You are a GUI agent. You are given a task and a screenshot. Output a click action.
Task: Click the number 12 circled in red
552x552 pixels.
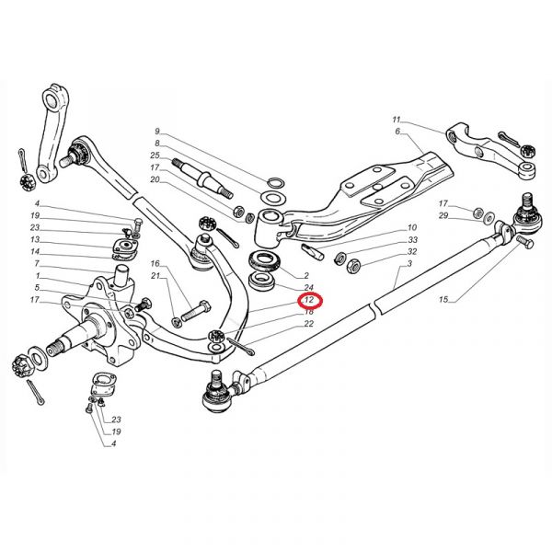309,300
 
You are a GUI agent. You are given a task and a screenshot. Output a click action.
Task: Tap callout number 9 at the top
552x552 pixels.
157,132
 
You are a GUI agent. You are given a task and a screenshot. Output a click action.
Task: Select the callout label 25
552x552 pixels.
155,155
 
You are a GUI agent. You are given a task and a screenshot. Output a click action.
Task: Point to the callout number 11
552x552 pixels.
397,121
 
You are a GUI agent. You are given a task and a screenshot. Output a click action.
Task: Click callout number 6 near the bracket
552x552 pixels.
398,132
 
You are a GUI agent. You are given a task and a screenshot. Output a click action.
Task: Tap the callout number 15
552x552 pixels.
443,300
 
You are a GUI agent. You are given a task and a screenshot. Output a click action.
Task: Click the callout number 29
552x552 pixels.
443,215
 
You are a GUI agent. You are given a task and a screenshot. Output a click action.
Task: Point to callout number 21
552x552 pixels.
156,276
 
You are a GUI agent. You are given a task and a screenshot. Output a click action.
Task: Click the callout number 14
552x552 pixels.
35,251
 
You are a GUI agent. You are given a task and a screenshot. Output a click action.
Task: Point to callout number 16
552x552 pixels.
156,264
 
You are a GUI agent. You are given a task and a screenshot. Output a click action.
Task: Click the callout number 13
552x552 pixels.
35,239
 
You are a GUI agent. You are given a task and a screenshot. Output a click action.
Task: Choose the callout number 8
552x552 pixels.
157,144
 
